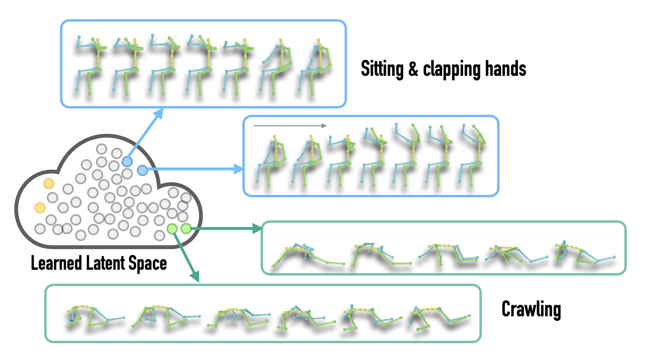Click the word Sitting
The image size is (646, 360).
click(x=382, y=69)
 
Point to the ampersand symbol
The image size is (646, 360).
click(x=413, y=69)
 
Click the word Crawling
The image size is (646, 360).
click(x=531, y=310)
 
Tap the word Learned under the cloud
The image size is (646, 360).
click(x=57, y=263)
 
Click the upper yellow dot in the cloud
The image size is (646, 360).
click(x=49, y=183)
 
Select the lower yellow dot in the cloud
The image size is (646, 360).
click(x=40, y=208)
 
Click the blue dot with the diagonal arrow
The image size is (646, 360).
click(x=127, y=162)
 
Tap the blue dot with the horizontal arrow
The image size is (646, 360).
click(x=142, y=170)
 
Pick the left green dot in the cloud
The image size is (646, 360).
click(x=172, y=229)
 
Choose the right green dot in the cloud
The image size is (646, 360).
click(x=186, y=229)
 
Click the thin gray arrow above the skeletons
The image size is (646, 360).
click(x=290, y=125)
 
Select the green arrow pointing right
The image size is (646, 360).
click(x=227, y=228)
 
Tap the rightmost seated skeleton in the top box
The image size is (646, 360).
click(x=314, y=67)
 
